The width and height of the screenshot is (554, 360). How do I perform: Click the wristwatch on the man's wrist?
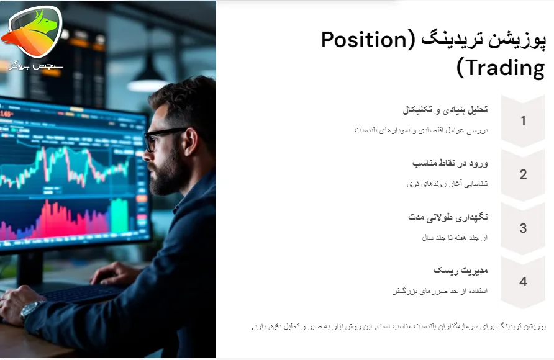click(x=31, y=308)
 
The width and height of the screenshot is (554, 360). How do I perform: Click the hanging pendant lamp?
click(x=147, y=78)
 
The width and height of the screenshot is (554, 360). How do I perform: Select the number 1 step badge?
click(x=523, y=121)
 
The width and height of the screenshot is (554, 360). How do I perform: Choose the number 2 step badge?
click(x=523, y=174)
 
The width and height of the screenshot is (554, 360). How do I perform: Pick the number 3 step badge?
click(x=523, y=228)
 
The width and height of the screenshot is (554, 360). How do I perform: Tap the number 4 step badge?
click(x=523, y=281)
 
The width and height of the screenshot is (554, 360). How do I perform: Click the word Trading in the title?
click(x=500, y=68)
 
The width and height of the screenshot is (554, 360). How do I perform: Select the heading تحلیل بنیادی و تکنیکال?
click(x=445, y=110)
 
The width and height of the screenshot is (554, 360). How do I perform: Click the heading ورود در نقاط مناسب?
click(x=450, y=163)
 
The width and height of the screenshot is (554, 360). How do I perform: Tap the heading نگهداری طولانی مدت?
click(x=448, y=217)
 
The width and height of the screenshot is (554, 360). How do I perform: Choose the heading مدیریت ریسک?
click(x=460, y=271)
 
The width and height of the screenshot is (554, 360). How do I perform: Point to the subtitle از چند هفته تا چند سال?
click(x=454, y=237)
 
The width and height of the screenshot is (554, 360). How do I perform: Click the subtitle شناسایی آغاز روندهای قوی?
click(x=447, y=184)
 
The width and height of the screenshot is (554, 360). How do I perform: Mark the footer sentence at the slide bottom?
click(x=398, y=326)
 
